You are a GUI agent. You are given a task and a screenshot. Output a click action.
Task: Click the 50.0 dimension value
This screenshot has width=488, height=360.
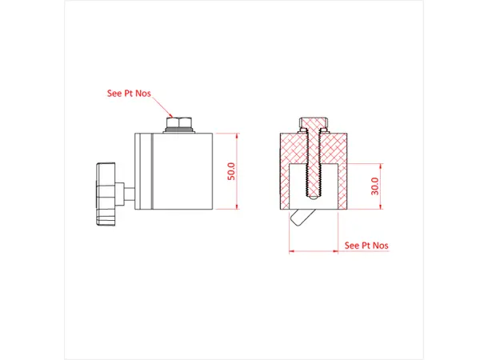[232, 171]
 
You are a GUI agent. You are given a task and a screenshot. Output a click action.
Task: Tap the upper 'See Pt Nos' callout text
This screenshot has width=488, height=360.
[130, 93]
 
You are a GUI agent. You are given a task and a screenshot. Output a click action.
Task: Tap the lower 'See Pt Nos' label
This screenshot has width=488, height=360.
[366, 245]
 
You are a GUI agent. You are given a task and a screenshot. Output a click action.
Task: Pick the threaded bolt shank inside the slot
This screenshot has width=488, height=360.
[313, 180]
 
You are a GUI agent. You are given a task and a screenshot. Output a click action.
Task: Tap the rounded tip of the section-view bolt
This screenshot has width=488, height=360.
[313, 199]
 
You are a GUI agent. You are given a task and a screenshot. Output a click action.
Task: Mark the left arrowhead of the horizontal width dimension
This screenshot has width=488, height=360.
[291, 251]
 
